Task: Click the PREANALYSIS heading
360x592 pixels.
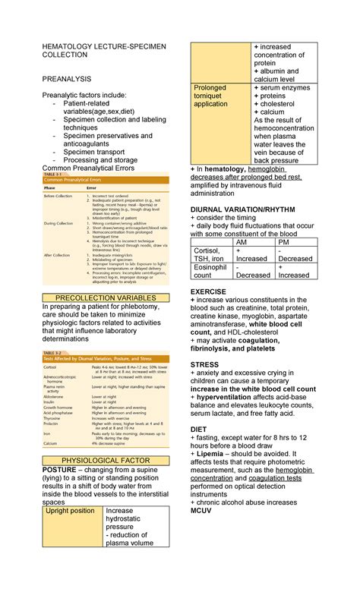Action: pos(67,78)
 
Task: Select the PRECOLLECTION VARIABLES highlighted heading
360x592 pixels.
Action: pos(110,298)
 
